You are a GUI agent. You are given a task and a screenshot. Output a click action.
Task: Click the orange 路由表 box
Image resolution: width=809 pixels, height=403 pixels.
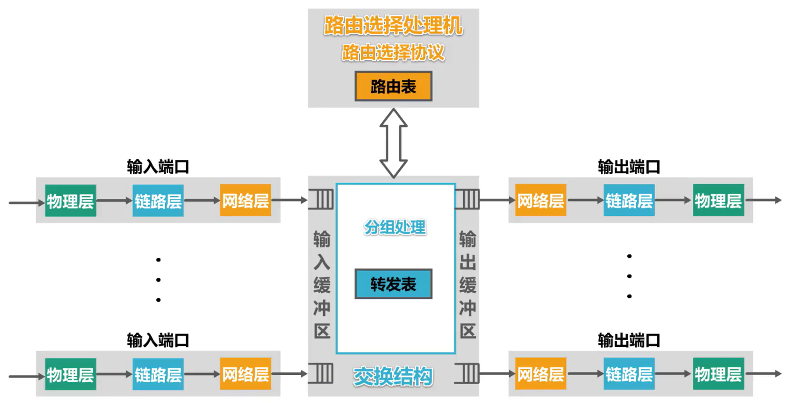click(x=393, y=87)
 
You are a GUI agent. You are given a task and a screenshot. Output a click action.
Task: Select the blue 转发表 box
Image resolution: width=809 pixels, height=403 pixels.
click(x=393, y=284)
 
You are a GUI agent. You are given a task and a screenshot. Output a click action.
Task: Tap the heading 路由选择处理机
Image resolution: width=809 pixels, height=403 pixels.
click(x=393, y=26)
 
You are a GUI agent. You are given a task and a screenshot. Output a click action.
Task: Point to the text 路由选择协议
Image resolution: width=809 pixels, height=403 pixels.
click(x=393, y=53)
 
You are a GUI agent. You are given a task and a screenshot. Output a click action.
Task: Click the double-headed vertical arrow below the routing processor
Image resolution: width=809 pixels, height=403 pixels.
click(x=393, y=143)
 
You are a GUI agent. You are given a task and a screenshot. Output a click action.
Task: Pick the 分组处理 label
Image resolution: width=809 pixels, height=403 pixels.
click(x=395, y=227)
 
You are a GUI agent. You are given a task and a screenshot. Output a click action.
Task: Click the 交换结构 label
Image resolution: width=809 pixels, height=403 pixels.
click(x=393, y=377)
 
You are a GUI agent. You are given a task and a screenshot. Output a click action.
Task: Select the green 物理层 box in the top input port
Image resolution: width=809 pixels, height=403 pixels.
click(x=70, y=201)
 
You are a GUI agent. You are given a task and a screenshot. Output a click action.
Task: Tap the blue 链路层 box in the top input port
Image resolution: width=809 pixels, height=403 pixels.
click(x=158, y=201)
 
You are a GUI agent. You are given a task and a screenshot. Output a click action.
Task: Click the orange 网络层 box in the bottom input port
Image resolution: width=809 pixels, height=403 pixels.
click(x=246, y=374)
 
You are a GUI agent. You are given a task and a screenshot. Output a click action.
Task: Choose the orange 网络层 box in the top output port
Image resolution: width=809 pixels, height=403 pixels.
click(x=541, y=200)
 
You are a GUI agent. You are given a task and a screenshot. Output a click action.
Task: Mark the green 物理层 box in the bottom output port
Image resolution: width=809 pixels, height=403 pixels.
click(x=718, y=374)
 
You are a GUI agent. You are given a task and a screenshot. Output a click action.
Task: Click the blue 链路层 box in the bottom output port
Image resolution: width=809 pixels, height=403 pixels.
click(x=629, y=374)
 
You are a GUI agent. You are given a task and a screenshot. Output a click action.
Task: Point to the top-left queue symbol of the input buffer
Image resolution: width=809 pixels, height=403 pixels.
click(x=322, y=199)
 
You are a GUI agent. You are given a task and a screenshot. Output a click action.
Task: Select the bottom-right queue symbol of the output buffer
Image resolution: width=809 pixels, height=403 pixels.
click(x=467, y=373)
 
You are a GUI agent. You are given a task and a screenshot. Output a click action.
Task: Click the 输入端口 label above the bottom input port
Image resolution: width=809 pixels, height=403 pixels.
click(x=158, y=341)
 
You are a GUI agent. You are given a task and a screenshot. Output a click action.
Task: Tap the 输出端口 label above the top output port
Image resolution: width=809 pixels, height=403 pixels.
click(x=629, y=167)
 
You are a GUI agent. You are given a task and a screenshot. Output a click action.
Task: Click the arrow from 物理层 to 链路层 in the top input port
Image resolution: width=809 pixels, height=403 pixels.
click(x=114, y=201)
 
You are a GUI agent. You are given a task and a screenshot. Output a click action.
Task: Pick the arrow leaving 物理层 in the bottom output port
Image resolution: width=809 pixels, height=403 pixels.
click(x=763, y=374)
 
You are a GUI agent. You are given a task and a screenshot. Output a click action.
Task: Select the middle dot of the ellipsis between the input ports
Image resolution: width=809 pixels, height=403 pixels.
click(x=158, y=280)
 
